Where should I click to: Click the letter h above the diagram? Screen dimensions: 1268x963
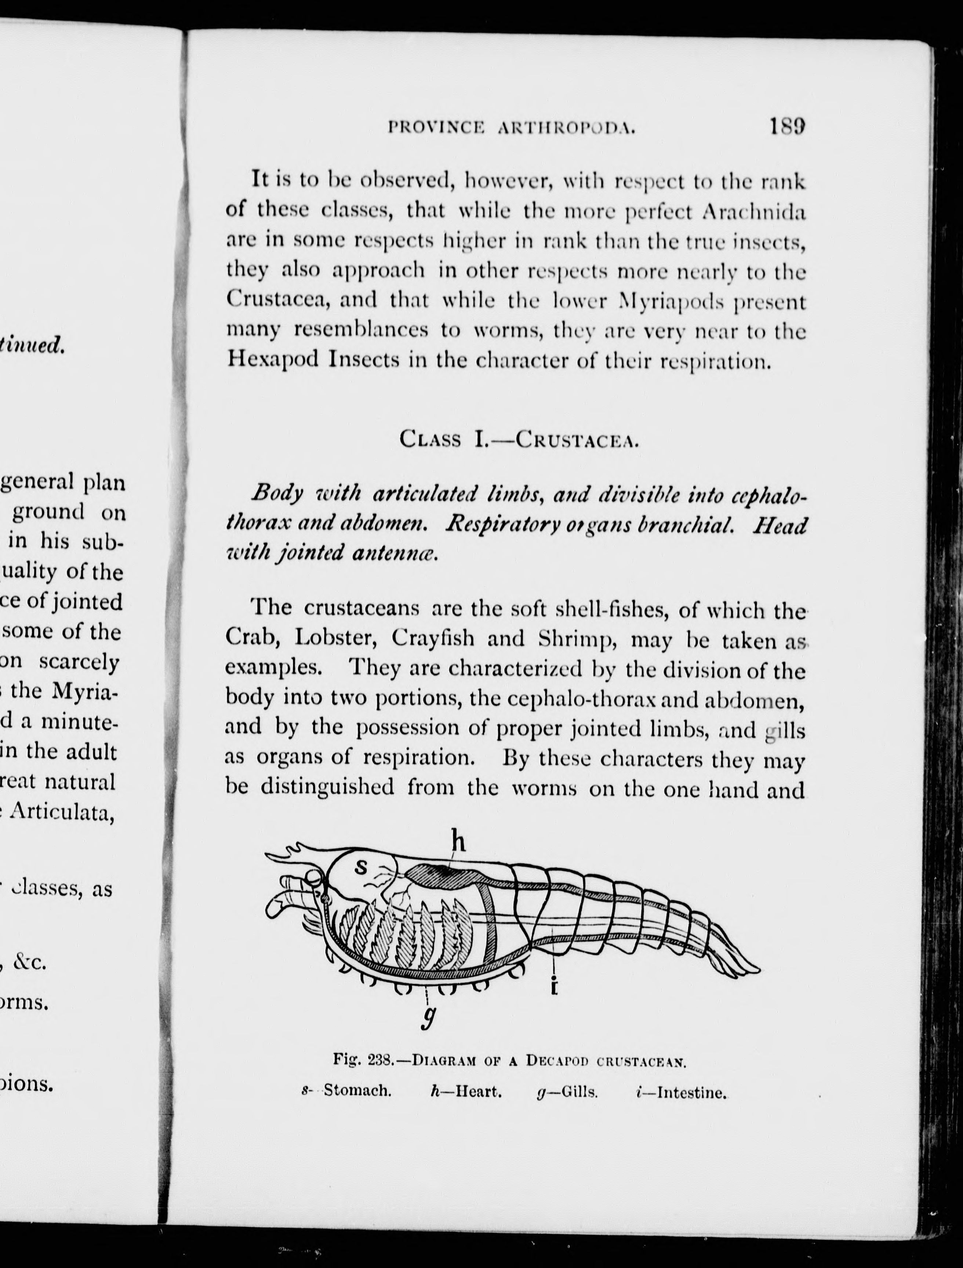pos(457,842)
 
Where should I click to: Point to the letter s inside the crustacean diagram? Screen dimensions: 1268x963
pos(360,867)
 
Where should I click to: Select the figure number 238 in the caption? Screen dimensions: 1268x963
pos(380,1060)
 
